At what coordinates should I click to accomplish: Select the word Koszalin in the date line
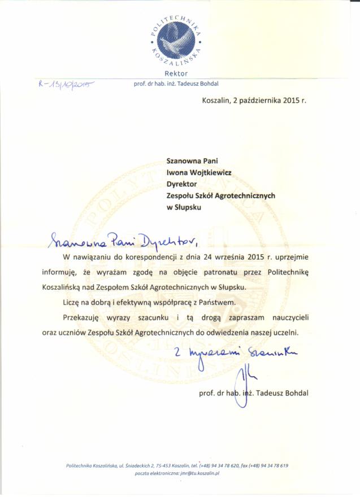pyautogui.click(x=217, y=101)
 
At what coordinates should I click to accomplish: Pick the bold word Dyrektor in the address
pyautogui.click(x=181, y=184)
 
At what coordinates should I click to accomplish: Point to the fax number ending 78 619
pyautogui.click(x=269, y=465)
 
